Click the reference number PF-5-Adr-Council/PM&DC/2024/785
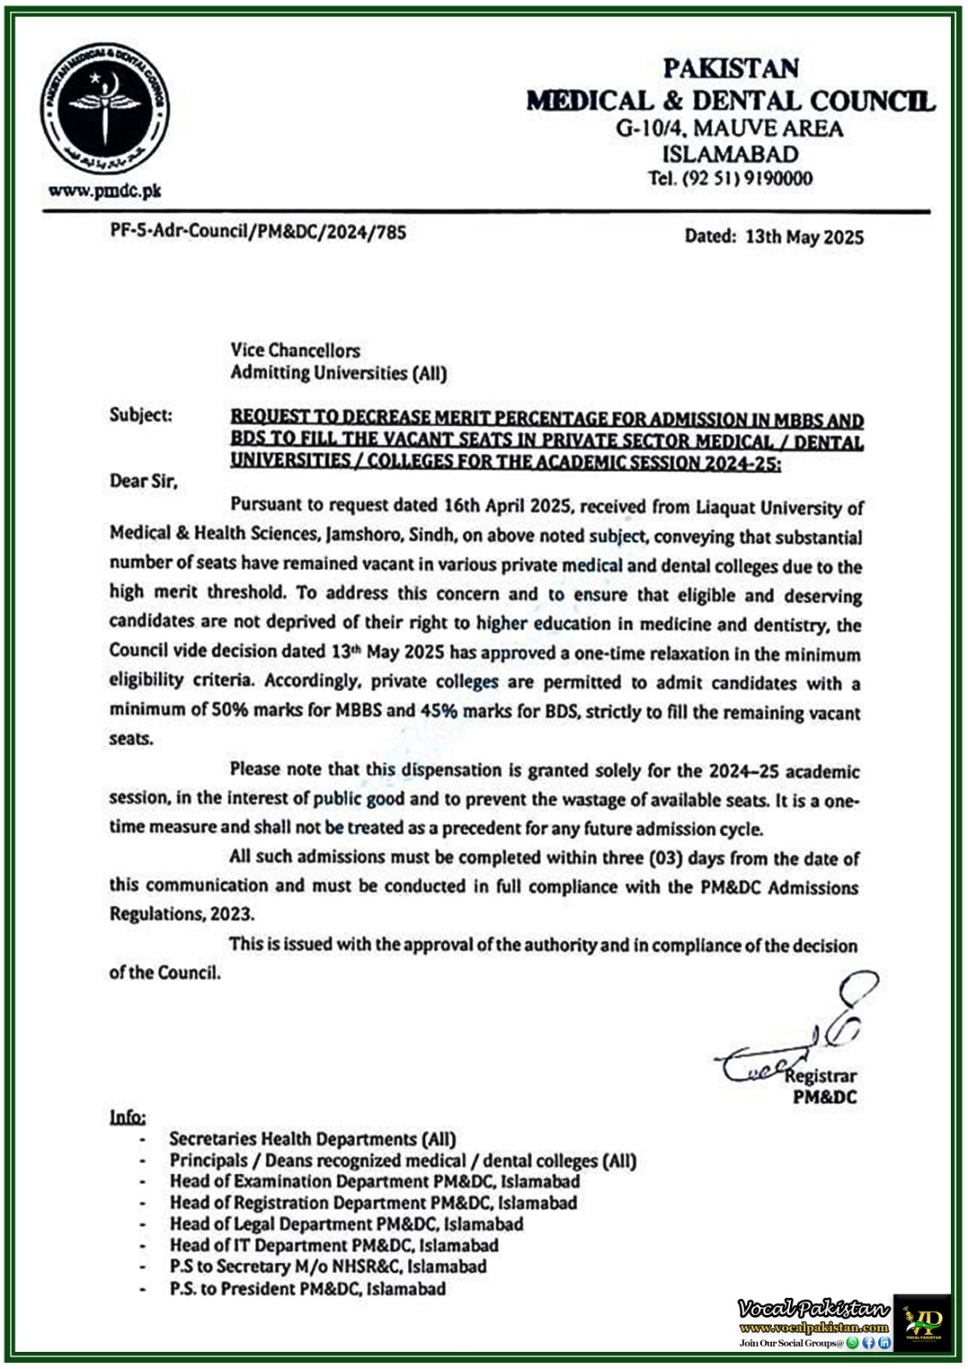pos(258,231)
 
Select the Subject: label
pos(140,415)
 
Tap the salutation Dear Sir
pos(143,481)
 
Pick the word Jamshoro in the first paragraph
pos(359,535)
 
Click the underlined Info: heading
pos(128,1117)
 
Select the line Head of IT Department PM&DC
pos(334,1245)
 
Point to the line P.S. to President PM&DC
pos(307,1289)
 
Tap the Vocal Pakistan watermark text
pos(813,1308)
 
